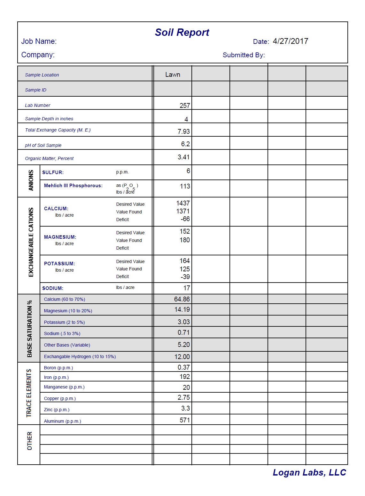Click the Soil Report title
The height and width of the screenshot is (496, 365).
click(182, 32)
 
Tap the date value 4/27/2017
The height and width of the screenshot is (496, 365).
click(290, 41)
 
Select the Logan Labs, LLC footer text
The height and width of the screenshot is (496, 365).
click(309, 473)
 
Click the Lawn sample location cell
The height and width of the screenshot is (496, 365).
click(173, 75)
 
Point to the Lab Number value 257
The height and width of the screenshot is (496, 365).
click(185, 106)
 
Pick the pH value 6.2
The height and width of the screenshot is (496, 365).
click(185, 144)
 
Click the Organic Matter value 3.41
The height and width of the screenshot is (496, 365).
click(184, 157)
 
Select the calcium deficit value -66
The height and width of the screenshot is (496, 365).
click(185, 219)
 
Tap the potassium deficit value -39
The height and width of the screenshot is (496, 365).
click(185, 277)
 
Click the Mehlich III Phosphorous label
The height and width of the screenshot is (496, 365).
click(73, 186)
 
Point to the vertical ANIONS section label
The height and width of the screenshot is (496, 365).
click(31, 180)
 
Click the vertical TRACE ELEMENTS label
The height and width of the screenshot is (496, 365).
click(29, 393)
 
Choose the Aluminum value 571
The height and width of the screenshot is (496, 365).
click(185, 420)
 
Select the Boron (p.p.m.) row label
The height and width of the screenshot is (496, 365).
click(58, 368)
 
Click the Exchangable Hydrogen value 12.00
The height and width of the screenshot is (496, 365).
click(182, 357)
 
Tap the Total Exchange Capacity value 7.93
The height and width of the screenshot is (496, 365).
click(184, 132)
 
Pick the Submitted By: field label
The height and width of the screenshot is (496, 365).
click(244, 55)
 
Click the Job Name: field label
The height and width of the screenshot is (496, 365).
click(39, 41)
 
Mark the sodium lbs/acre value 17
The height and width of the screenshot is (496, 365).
click(187, 288)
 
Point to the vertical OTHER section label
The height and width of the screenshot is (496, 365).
click(30, 441)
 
